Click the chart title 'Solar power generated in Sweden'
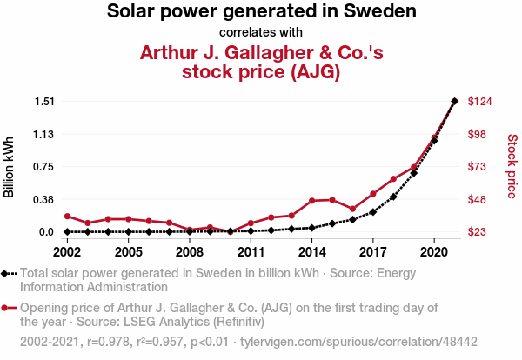pyautogui.click(x=261, y=12)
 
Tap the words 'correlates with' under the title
pyautogui.click(x=261, y=34)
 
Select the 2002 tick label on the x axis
pyautogui.click(x=67, y=252)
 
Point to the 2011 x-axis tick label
pyautogui.click(x=251, y=252)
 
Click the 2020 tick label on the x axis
pyautogui.click(x=434, y=252)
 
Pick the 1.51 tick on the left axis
pyautogui.click(x=43, y=102)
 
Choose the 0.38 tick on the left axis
pyautogui.click(x=43, y=199)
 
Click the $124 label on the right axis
pyautogui.click(x=481, y=102)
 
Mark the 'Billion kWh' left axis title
pyautogui.click(x=10, y=166)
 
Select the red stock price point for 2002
pyautogui.click(x=67, y=216)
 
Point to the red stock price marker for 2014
pyautogui.click(x=311, y=201)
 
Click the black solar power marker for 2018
pyautogui.click(x=393, y=197)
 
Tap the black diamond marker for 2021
pyautogui.click(x=454, y=102)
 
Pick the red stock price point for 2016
pyautogui.click(x=352, y=209)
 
